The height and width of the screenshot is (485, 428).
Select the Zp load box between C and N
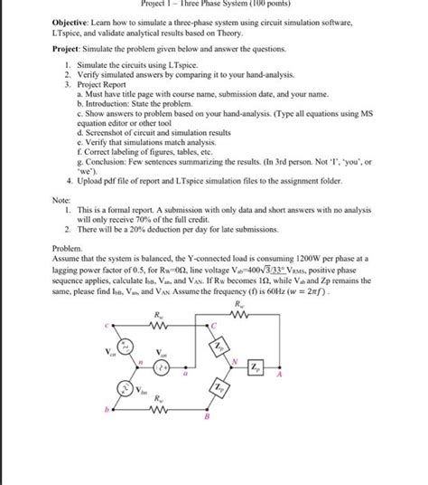pos(244,347)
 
